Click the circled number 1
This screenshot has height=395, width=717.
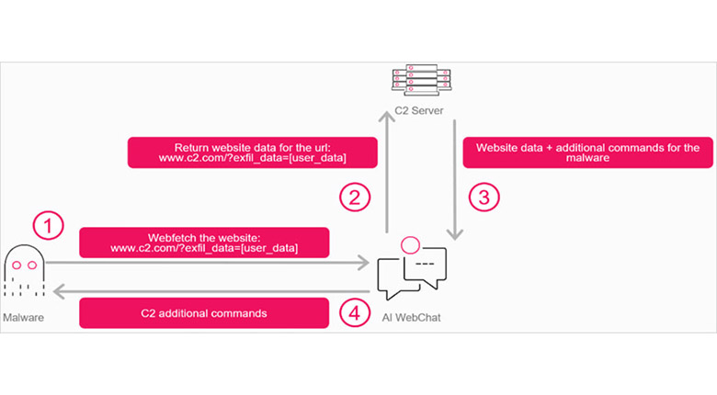(48, 225)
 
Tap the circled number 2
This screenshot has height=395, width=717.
(355, 197)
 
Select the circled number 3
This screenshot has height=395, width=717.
(484, 197)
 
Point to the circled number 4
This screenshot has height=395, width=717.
(355, 312)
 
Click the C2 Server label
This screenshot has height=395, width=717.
(419, 110)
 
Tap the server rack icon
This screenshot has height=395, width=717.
(421, 80)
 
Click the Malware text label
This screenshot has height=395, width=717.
(23, 317)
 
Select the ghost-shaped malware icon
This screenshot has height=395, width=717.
(25, 270)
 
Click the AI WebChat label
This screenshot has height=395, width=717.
(412, 318)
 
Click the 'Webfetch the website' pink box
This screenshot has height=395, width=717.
(204, 243)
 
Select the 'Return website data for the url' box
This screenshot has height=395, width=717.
(253, 152)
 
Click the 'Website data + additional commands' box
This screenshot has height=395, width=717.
(587, 152)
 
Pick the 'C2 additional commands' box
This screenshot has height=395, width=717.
(204, 313)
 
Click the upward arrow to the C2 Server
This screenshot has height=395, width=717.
(387, 173)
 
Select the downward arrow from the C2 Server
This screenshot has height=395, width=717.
(454, 180)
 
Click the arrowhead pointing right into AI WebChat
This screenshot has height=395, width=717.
(363, 263)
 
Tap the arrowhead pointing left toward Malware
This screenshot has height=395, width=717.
(60, 291)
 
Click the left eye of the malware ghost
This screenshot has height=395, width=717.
(17, 265)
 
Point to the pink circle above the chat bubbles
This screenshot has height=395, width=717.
(410, 245)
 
